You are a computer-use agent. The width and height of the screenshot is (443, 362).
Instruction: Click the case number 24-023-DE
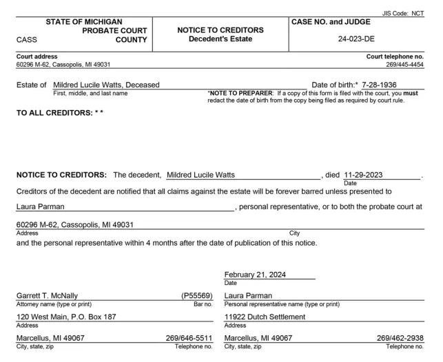pos(358,40)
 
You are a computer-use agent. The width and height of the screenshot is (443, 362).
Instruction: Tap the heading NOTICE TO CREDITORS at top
pos(220,30)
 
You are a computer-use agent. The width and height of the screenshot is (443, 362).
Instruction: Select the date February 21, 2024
pos(255,274)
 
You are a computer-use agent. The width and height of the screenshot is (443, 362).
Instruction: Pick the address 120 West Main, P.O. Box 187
pos(65,317)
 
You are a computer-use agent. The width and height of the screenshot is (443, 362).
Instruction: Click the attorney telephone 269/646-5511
pos(189,338)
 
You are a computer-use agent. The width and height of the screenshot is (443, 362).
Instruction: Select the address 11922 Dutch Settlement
pos(265,317)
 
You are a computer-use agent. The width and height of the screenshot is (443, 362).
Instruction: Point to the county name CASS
pos(27,40)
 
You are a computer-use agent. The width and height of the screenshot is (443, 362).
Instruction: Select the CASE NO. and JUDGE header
pos(331,22)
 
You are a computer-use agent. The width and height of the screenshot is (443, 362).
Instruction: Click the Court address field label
pos(37,56)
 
